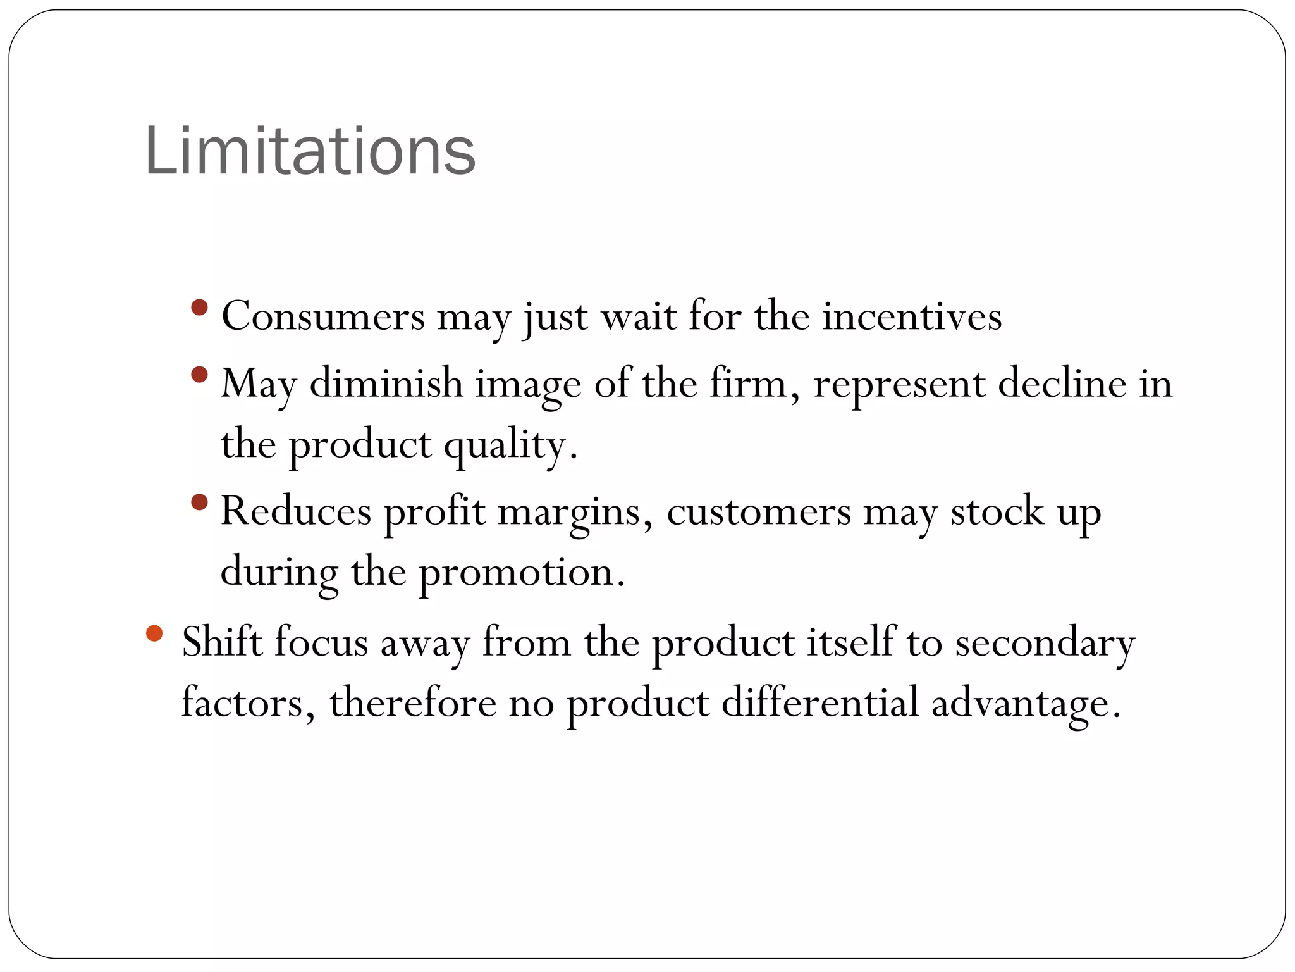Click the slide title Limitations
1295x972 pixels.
(x=310, y=152)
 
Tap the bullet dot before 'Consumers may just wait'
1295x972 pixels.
(x=199, y=308)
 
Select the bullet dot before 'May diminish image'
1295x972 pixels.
(x=199, y=375)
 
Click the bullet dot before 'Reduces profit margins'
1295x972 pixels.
(x=199, y=502)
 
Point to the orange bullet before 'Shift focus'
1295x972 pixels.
(x=154, y=633)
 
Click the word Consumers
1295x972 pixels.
(x=323, y=316)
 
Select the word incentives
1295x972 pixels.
(x=912, y=316)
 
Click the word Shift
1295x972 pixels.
(x=222, y=642)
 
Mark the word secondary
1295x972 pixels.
(x=1045, y=643)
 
